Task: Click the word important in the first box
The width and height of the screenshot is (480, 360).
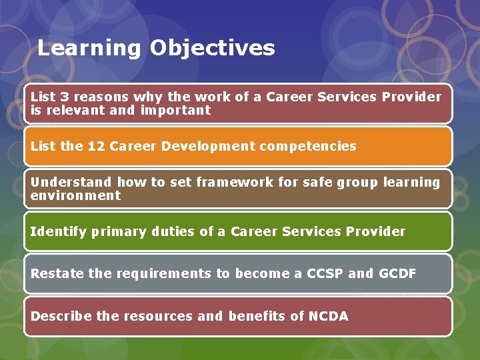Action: pos(175,110)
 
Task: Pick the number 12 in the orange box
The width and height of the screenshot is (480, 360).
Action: pos(96,146)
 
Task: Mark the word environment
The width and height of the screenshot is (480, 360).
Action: pos(75,195)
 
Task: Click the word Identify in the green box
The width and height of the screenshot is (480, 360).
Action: pos(58,231)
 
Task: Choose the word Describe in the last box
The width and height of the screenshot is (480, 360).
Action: pos(61,316)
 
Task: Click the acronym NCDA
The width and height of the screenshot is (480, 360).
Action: pos(328,316)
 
